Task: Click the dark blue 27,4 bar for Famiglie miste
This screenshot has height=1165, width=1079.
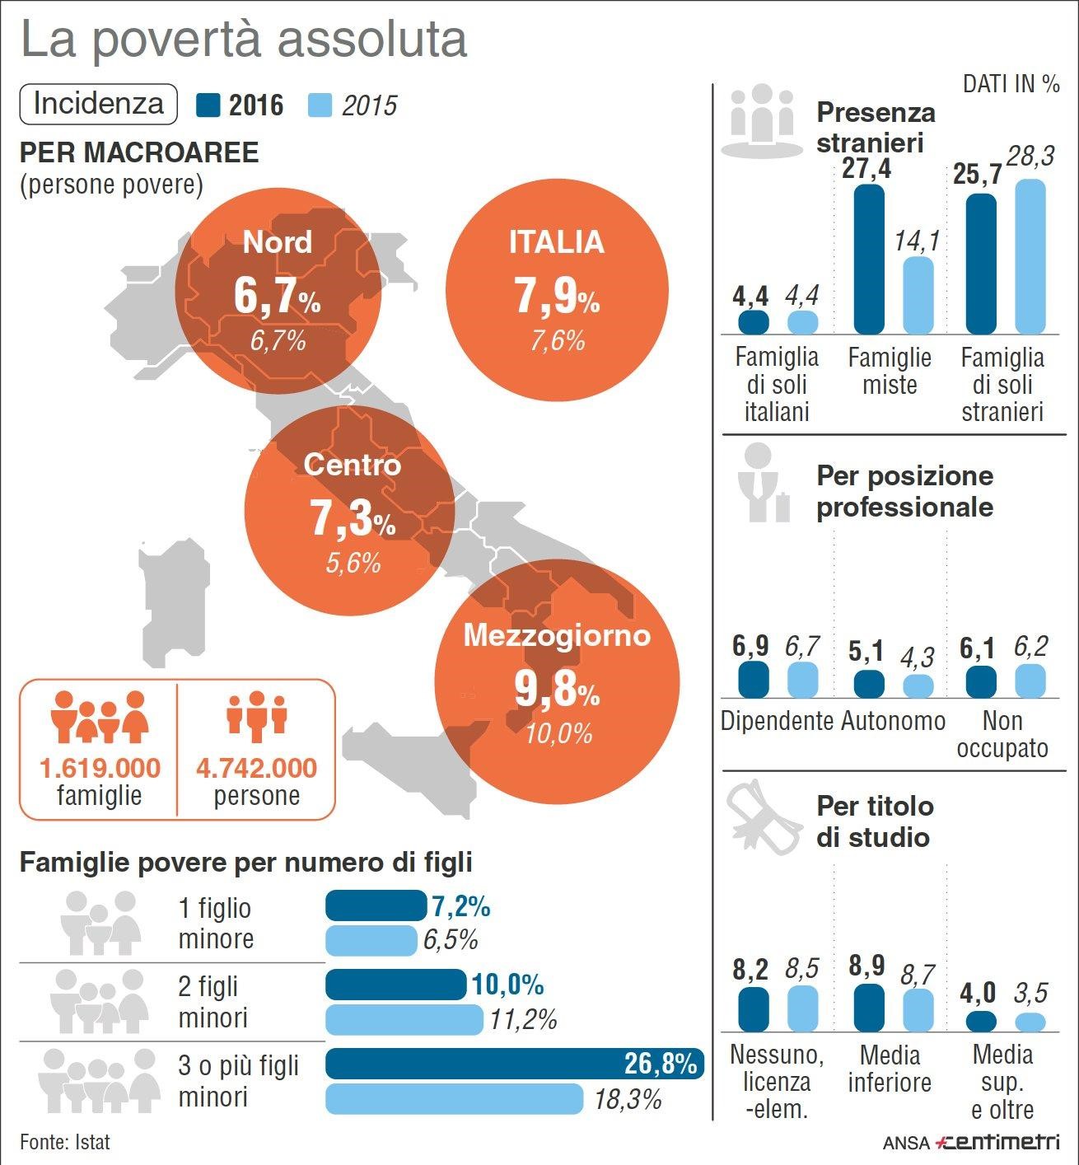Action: tap(869, 259)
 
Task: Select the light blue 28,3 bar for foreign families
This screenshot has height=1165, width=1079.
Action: tap(1030, 256)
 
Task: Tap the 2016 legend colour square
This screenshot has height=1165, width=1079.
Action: tap(209, 105)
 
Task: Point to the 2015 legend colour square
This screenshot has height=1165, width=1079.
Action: tap(320, 105)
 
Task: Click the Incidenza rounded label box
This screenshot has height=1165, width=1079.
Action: tap(98, 104)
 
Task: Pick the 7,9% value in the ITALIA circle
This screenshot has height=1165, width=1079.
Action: tap(557, 296)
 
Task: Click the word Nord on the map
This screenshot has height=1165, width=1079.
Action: tap(278, 242)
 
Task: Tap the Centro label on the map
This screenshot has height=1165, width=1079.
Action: tap(352, 465)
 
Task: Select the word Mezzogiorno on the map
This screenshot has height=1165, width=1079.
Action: tap(557, 635)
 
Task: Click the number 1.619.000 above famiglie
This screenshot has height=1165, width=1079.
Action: tap(100, 768)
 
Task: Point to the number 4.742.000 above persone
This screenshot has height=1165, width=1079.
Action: tap(256, 768)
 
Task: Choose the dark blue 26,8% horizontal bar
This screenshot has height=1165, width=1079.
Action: tap(514, 1064)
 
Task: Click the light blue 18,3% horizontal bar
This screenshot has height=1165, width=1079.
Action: tap(455, 1099)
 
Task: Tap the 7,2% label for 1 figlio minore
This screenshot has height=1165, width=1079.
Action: tap(460, 906)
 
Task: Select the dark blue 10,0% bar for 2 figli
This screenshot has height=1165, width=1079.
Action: tap(396, 985)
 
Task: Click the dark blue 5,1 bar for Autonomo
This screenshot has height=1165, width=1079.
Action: tap(869, 684)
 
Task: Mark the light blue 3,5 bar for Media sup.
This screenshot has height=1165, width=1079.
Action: tap(1030, 1022)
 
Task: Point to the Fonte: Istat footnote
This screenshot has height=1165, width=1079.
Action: tap(65, 1142)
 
